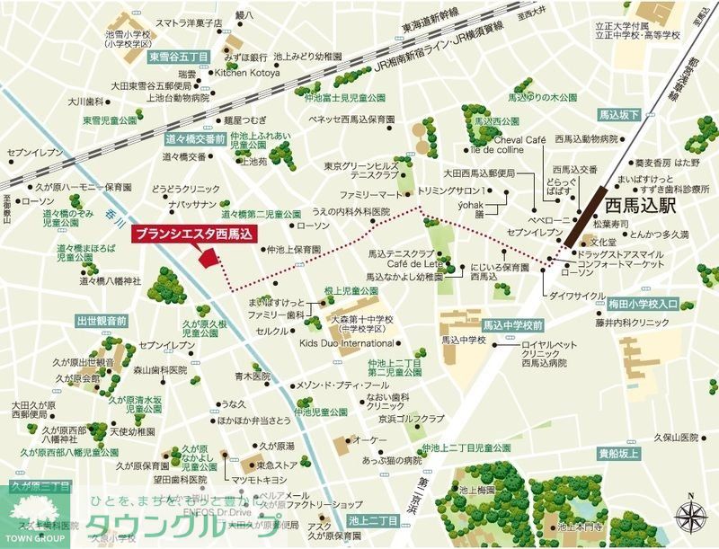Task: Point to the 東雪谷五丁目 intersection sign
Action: point(178,57)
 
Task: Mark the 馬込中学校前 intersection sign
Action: point(512,324)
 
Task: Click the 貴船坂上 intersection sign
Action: point(618,456)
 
